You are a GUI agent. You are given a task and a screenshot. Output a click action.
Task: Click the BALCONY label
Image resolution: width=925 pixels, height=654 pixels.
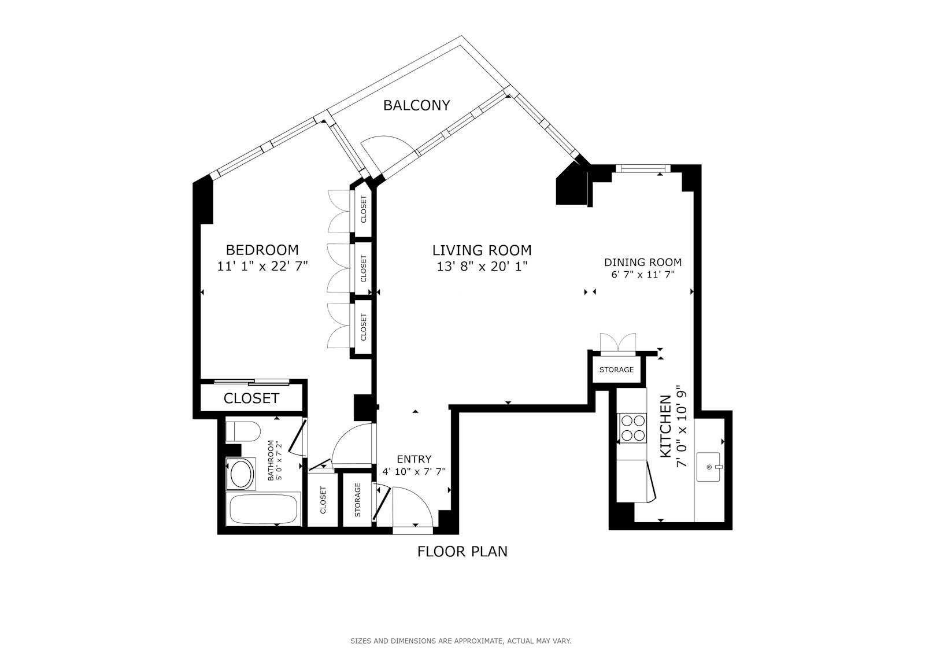tap(416, 105)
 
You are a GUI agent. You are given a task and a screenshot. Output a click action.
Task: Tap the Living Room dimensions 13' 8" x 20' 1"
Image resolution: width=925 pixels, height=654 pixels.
tap(482, 267)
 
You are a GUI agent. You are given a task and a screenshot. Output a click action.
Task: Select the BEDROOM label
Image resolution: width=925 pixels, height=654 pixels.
tap(262, 250)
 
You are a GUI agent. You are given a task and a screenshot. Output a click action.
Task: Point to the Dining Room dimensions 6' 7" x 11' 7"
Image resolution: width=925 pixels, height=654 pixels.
tap(643, 274)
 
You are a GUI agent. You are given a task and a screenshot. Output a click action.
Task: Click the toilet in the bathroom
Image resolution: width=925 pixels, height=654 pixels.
tap(243, 431)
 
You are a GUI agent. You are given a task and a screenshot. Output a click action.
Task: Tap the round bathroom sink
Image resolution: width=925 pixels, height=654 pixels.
tap(242, 474)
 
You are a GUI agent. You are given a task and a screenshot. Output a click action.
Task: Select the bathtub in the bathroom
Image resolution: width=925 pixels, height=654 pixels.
tap(264, 509)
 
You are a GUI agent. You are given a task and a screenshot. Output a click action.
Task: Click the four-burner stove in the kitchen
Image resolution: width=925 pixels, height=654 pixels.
tap(632, 428)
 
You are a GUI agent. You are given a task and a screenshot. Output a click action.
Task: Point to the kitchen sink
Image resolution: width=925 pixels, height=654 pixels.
tap(708, 467)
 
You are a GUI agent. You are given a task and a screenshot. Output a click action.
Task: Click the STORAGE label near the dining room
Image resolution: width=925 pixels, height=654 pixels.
tap(616, 370)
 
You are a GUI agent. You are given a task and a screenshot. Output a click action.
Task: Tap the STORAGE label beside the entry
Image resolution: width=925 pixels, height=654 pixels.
tap(358, 500)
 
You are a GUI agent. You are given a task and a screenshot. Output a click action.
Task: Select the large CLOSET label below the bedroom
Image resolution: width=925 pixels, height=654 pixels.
tap(251, 398)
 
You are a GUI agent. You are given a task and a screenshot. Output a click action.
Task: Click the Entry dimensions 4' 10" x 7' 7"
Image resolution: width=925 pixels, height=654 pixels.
tap(414, 471)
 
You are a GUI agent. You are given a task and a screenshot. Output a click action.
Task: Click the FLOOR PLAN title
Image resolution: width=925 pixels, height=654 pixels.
tap(462, 552)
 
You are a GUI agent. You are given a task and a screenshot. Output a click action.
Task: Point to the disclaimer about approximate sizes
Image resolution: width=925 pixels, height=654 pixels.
tap(461, 641)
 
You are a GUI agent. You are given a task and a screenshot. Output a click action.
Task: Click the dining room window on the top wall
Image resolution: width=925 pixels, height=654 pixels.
tap(643, 168)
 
